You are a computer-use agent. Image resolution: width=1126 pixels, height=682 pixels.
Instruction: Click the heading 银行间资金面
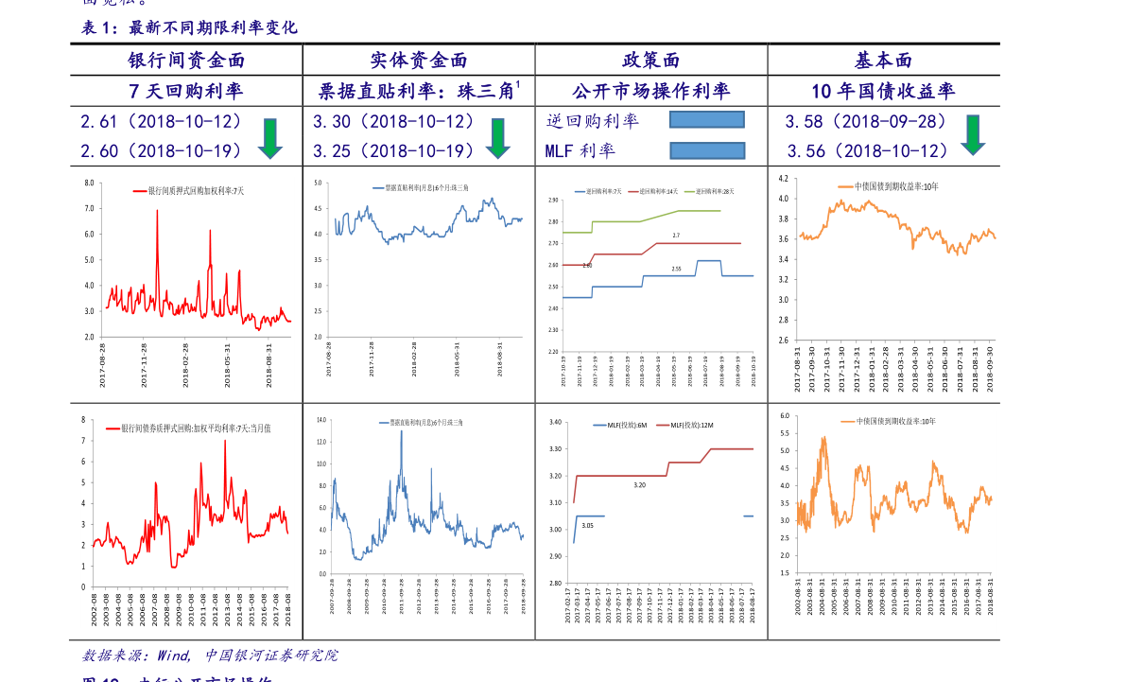coord(186,61)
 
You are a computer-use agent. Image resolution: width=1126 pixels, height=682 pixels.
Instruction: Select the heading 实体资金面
coord(419,61)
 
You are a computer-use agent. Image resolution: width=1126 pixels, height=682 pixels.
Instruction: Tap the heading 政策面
coord(651,61)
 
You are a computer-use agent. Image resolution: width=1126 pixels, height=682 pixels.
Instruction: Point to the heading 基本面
coord(884,61)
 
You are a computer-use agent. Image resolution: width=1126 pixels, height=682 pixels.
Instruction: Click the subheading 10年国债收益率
coord(883,92)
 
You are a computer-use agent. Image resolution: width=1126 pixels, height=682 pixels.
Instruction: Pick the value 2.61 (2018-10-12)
coord(162,122)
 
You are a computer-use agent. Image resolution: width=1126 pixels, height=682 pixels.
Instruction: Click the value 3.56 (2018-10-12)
coord(868,151)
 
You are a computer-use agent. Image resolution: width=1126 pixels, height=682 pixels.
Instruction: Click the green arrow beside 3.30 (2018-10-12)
coord(498,138)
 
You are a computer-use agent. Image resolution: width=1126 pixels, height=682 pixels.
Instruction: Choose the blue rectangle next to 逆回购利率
coord(706,120)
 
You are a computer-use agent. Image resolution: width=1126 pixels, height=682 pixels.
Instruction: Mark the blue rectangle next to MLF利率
coord(707,150)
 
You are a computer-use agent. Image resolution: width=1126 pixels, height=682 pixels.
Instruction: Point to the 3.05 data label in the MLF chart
coord(587,525)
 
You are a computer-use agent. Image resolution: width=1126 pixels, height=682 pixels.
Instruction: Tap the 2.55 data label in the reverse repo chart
coord(676,269)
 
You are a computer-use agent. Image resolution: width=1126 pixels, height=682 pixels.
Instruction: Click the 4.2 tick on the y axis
coord(783,178)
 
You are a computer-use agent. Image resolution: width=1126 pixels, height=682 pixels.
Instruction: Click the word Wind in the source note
coord(174,656)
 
